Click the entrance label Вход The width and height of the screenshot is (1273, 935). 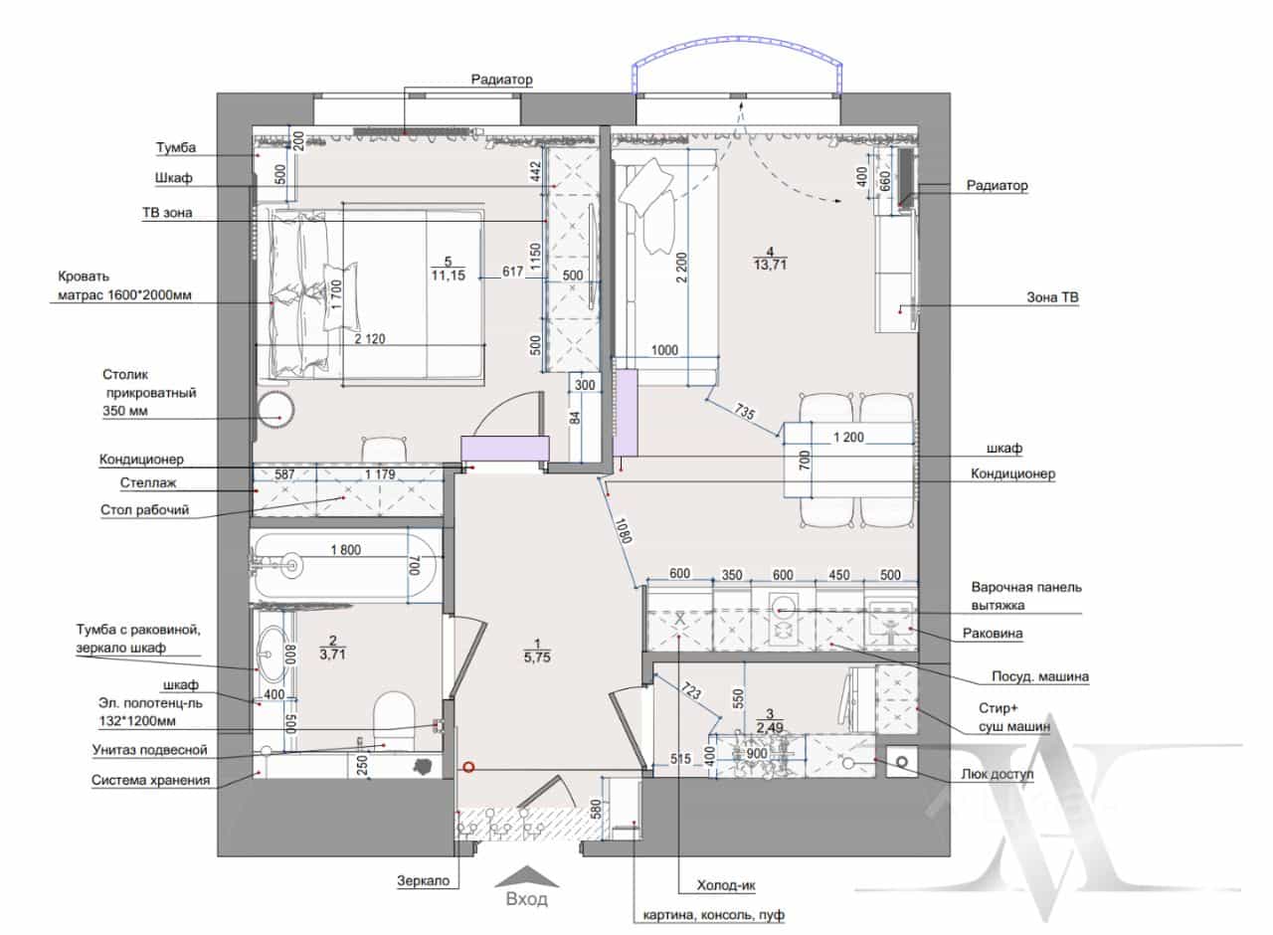(x=527, y=900)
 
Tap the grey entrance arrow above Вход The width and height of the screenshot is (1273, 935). (x=527, y=876)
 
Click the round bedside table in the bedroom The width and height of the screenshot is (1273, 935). (x=275, y=409)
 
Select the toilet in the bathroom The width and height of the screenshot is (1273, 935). (x=394, y=718)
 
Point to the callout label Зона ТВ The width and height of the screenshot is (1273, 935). (x=1052, y=297)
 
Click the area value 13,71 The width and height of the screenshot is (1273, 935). (x=770, y=265)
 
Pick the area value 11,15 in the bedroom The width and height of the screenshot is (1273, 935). (x=449, y=276)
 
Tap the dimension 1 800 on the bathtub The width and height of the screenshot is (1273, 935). (x=345, y=550)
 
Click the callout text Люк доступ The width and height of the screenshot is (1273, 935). (x=998, y=774)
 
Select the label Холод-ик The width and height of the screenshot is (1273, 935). (x=726, y=885)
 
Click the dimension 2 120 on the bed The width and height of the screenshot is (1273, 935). (x=370, y=339)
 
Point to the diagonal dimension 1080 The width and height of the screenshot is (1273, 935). (x=623, y=530)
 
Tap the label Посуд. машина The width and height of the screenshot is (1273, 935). (x=1040, y=676)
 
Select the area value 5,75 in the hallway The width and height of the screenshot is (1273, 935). (x=537, y=657)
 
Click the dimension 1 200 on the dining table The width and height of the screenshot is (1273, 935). (x=848, y=437)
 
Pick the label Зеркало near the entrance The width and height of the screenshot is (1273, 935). (x=423, y=881)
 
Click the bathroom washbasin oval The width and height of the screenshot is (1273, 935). (x=273, y=654)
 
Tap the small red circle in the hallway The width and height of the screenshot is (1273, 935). (x=468, y=767)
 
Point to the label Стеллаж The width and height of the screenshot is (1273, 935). (x=148, y=483)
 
